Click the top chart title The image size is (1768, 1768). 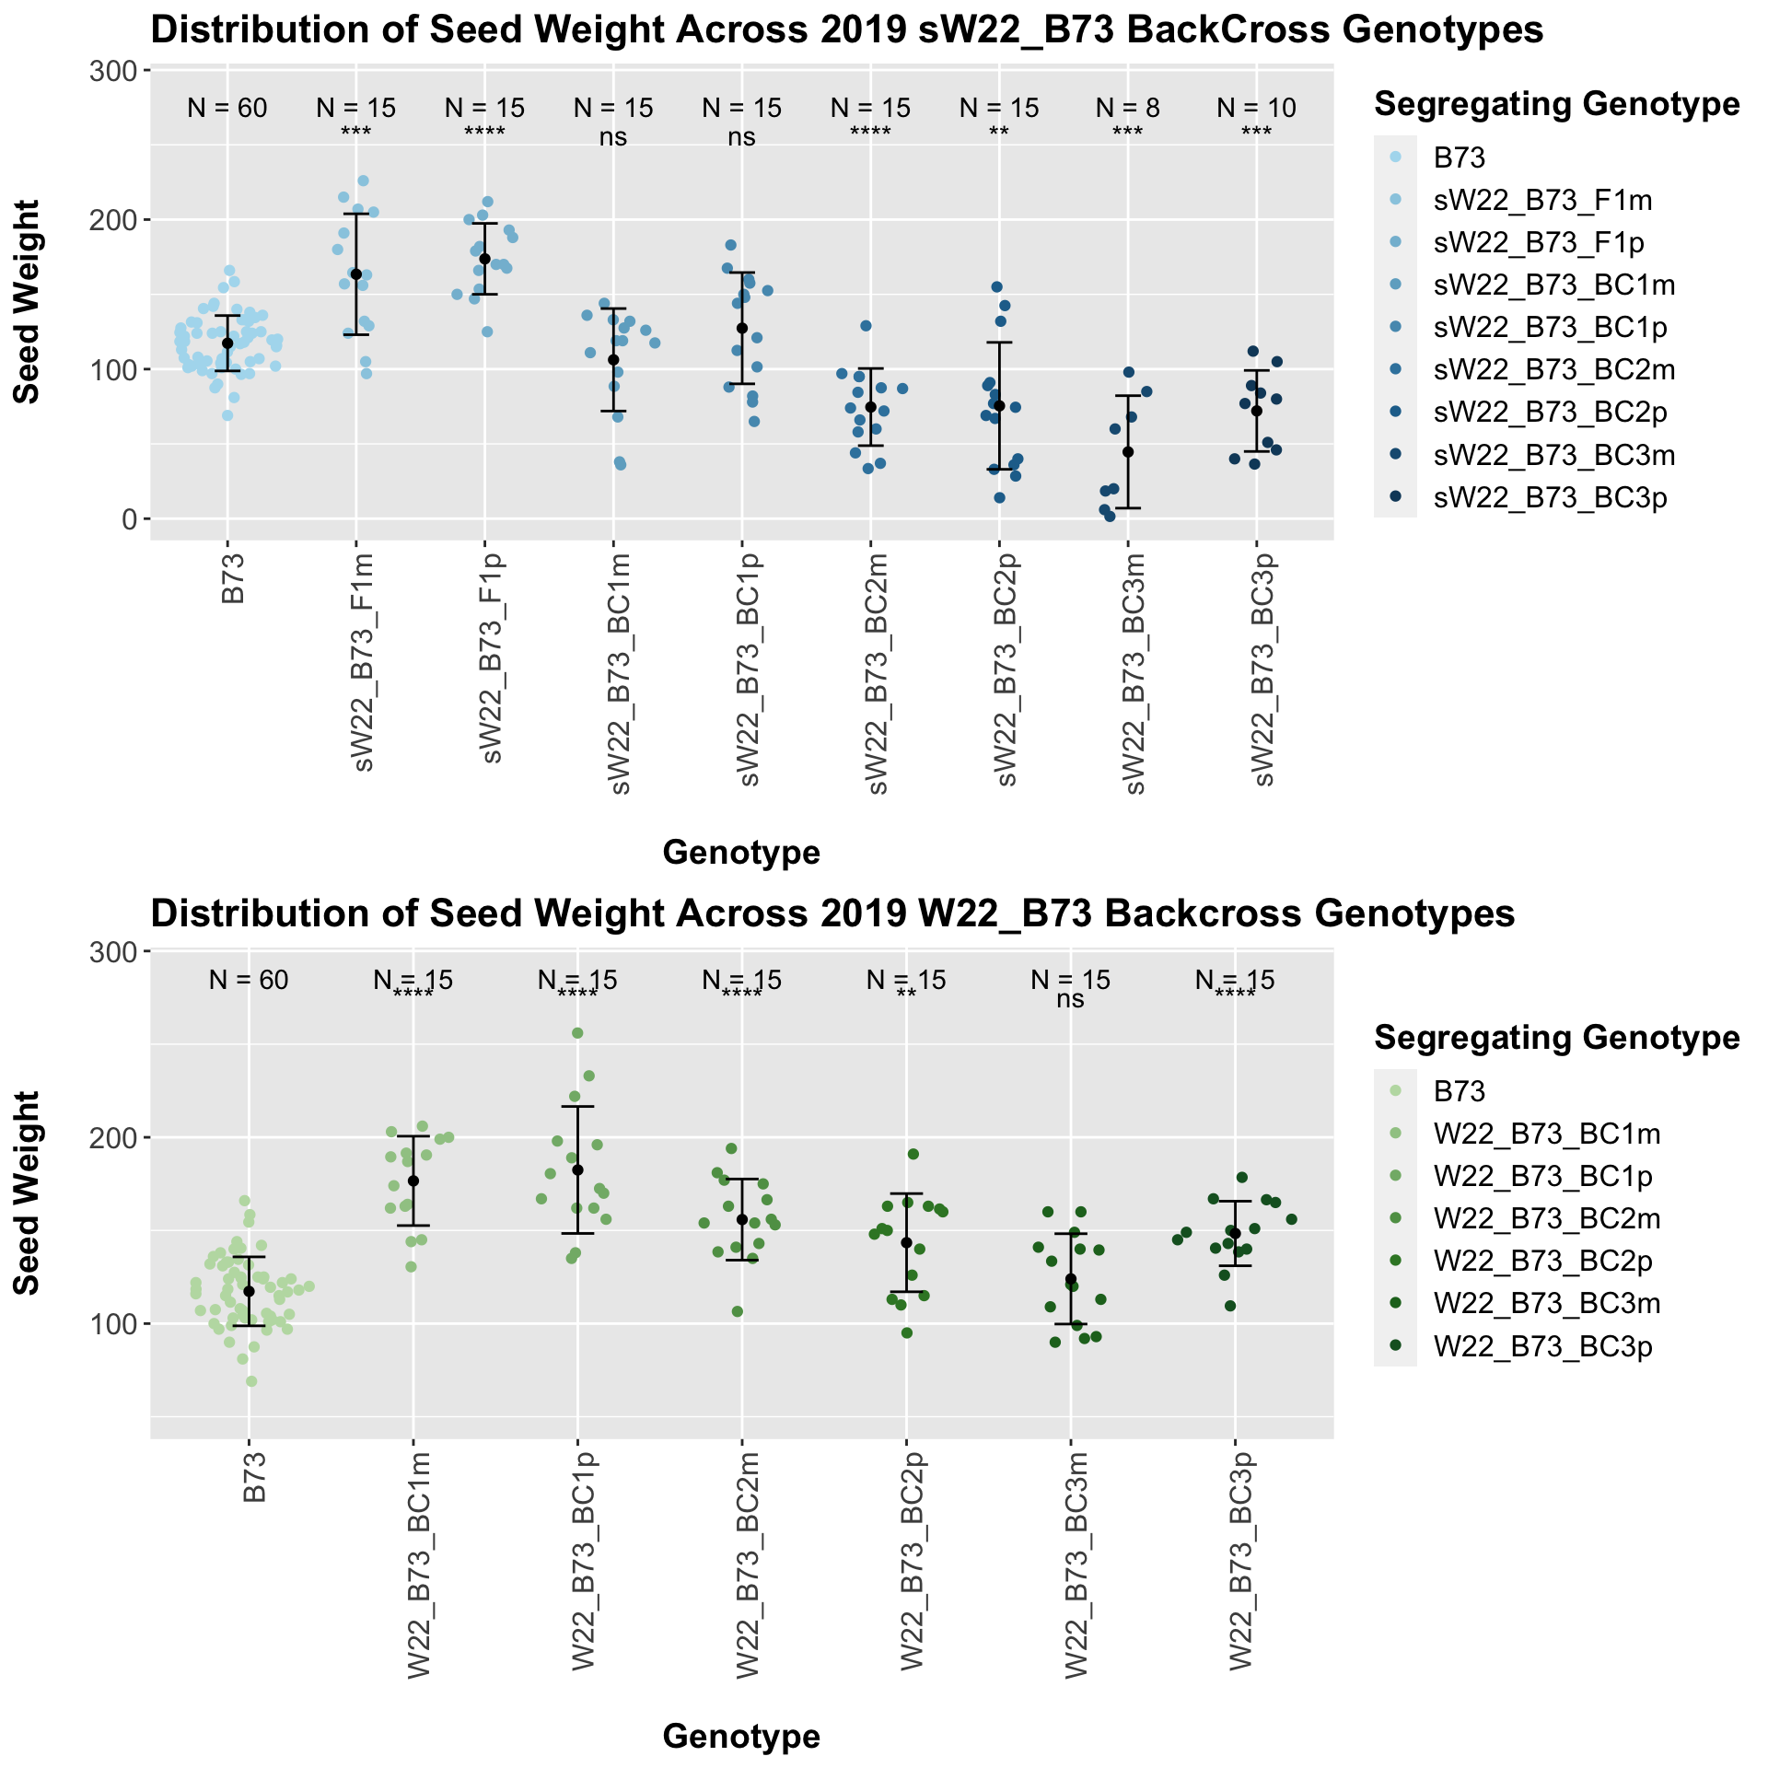click(846, 31)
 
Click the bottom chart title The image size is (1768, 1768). click(832, 913)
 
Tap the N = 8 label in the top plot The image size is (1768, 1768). click(1127, 109)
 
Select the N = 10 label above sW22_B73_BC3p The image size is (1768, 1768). click(1256, 109)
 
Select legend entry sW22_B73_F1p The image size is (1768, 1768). click(1539, 243)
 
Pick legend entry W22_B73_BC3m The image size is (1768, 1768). click(1547, 1303)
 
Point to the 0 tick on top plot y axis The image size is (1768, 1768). click(127, 519)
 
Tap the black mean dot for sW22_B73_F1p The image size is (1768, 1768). click(485, 259)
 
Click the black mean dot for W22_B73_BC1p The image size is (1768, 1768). click(577, 1170)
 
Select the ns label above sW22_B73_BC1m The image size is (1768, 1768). click(613, 138)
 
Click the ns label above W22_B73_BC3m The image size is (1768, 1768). click(1071, 1000)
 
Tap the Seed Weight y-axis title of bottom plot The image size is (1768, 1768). click(29, 1192)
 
